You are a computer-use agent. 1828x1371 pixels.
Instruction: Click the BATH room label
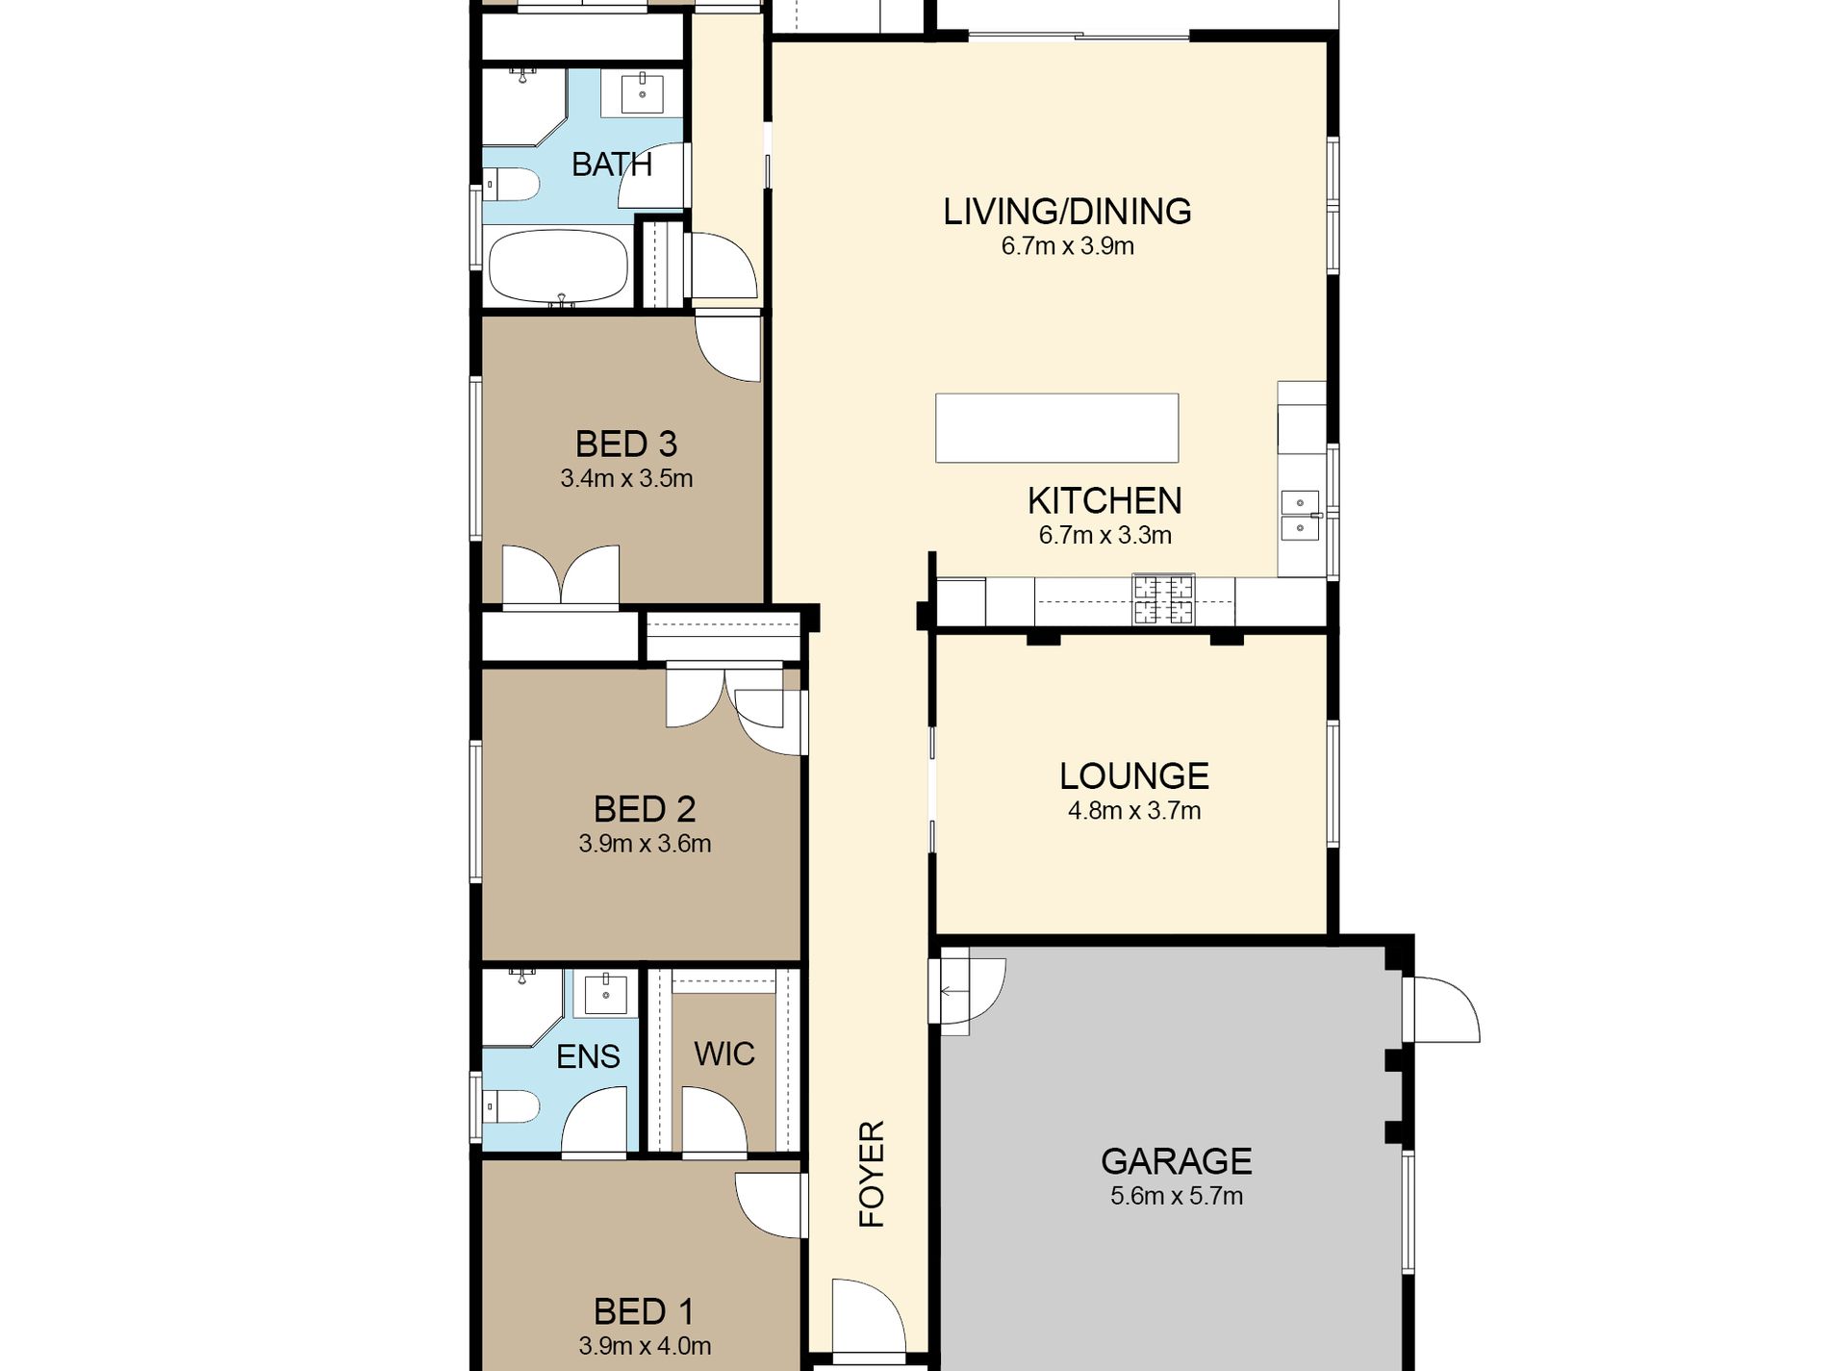pyautogui.click(x=612, y=165)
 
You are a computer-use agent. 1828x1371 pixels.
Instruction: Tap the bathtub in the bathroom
pyautogui.click(x=558, y=267)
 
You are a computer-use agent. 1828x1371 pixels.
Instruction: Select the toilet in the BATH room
pyautogui.click(x=510, y=184)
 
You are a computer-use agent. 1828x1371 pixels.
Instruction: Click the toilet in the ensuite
pyautogui.click(x=509, y=1106)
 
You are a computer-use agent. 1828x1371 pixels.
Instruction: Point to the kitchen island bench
pyautogui.click(x=1056, y=428)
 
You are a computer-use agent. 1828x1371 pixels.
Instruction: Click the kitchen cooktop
pyautogui.click(x=1163, y=599)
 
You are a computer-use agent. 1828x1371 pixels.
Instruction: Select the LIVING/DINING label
pyautogui.click(x=1067, y=212)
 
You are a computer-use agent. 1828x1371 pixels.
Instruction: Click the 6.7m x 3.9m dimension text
pyautogui.click(x=1067, y=246)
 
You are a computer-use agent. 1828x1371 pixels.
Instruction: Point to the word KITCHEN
pyautogui.click(x=1104, y=501)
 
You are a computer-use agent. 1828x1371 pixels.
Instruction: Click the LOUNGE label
pyautogui.click(x=1134, y=776)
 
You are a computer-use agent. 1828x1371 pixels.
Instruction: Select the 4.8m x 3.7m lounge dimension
pyautogui.click(x=1134, y=811)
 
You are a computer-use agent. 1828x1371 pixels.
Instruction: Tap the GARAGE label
pyautogui.click(x=1176, y=1161)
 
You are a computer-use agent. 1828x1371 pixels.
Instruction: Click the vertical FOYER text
pyautogui.click(x=872, y=1174)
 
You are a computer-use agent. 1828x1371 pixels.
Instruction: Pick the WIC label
pyautogui.click(x=724, y=1054)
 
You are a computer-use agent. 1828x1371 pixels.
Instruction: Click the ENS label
pyautogui.click(x=588, y=1056)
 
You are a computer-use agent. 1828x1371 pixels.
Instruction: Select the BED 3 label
pyautogui.click(x=626, y=444)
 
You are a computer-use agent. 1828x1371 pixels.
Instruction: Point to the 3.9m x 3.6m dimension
pyautogui.click(x=645, y=844)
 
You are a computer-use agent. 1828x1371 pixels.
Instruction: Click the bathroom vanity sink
pyautogui.click(x=642, y=93)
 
